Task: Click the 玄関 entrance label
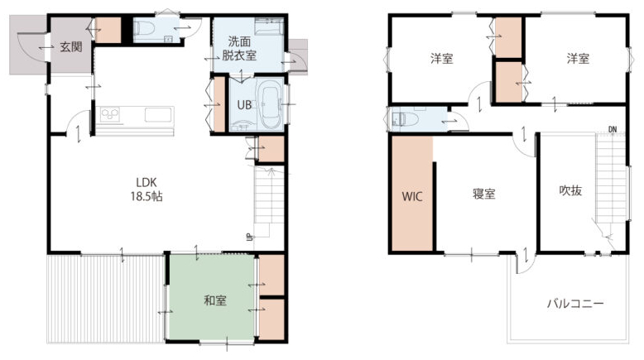click(71, 47)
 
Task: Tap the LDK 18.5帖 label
click(147, 190)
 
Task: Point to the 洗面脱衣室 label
click(239, 49)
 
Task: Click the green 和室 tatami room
click(212, 297)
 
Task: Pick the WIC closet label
click(412, 196)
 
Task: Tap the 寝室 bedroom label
click(483, 194)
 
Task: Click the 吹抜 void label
click(571, 190)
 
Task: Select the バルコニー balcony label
click(575, 304)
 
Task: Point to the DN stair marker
click(613, 129)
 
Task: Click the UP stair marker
click(249, 237)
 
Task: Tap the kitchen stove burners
click(110, 114)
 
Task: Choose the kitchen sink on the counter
click(158, 115)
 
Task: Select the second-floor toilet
click(405, 119)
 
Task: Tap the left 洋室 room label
click(442, 59)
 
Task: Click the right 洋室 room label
click(578, 59)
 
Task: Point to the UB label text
click(244, 105)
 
